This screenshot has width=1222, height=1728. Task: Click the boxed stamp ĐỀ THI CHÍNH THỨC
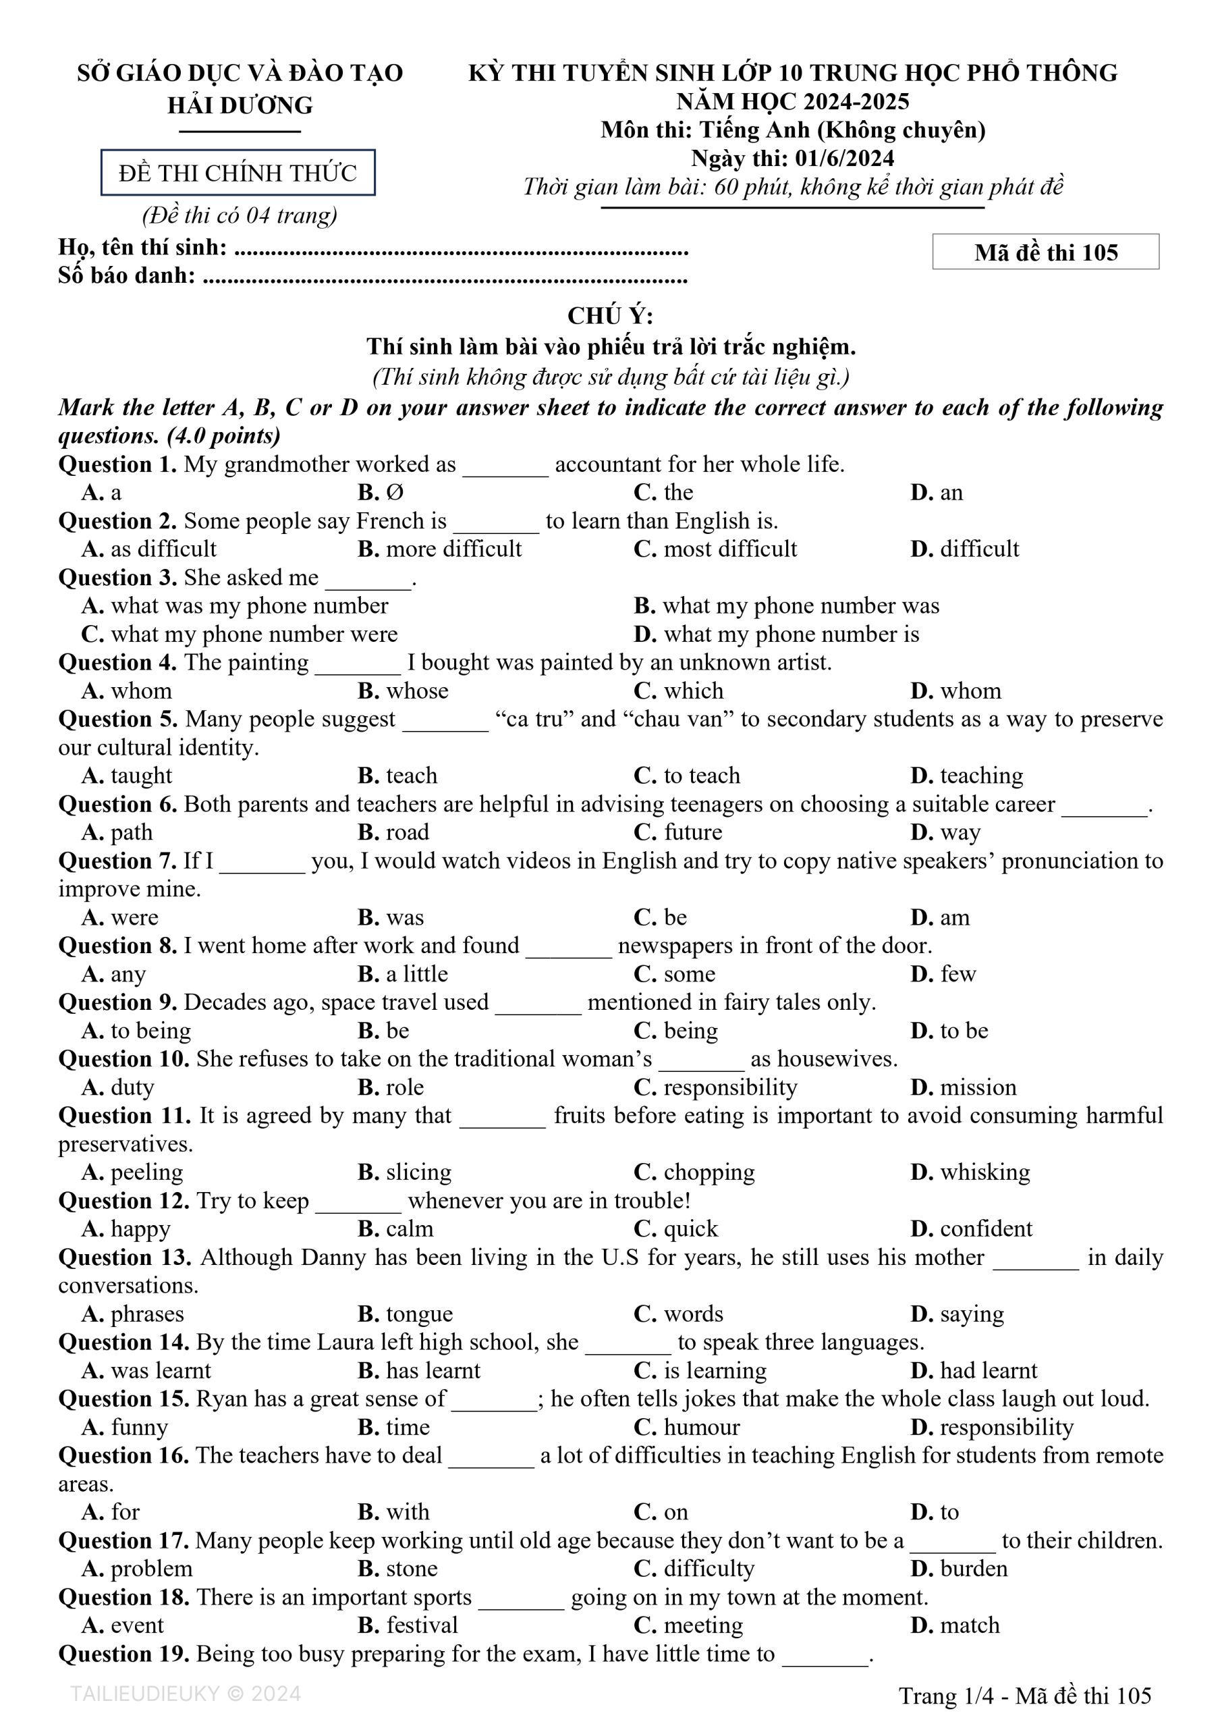238,173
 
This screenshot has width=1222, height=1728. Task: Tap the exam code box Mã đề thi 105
1045,252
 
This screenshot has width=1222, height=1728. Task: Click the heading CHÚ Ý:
610,315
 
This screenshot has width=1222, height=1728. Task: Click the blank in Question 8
568,947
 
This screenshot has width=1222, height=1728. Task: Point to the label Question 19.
123,1654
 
